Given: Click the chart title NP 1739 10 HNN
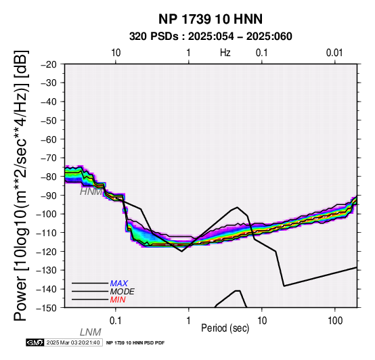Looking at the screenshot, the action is pyautogui.click(x=211, y=19).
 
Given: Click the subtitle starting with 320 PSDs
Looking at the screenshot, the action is pyautogui.click(x=211, y=37).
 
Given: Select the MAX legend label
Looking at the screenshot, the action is pyautogui.click(x=119, y=284).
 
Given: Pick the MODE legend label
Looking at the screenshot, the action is pyautogui.click(x=123, y=292).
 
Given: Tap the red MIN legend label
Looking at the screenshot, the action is pyautogui.click(x=118, y=300).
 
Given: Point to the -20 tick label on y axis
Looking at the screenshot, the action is pyautogui.click(x=49, y=64).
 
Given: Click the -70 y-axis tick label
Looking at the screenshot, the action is pyautogui.click(x=49, y=158).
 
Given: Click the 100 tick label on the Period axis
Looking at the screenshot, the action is pyautogui.click(x=335, y=321).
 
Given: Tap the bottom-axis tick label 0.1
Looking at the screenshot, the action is pyautogui.click(x=116, y=321).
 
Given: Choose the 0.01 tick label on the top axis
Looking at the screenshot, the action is pyautogui.click(x=334, y=53).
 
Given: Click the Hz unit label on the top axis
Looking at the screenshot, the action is pyautogui.click(x=225, y=53).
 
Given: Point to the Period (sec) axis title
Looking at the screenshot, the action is pyautogui.click(x=225, y=328).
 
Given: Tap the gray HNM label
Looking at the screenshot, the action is pyautogui.click(x=91, y=192).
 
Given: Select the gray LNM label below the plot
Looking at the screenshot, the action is pyautogui.click(x=91, y=332).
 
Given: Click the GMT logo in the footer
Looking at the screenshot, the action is pyautogui.click(x=35, y=342).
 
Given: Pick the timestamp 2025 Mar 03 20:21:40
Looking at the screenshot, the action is pyautogui.click(x=73, y=342).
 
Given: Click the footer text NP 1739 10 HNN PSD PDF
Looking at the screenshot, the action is pyautogui.click(x=135, y=343).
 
